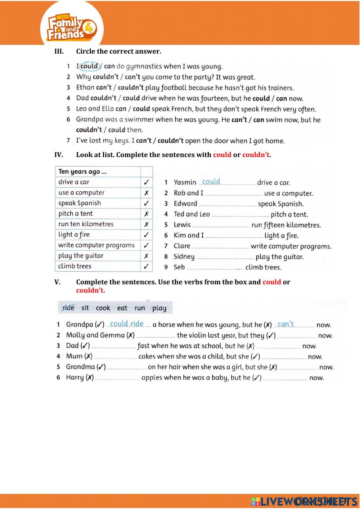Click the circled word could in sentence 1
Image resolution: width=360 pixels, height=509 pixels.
pos(89,66)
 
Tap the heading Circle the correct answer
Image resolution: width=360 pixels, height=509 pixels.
pos(118,51)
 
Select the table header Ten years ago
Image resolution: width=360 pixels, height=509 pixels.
pos(82,171)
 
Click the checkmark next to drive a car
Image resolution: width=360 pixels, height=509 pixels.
pos(146,182)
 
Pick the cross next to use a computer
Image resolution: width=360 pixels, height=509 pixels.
pos(146,193)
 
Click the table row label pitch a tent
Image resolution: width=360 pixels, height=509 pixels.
pos(76,214)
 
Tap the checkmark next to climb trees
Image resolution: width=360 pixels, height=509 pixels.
pos(146,267)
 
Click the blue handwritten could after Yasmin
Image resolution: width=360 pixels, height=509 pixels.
pos(211,182)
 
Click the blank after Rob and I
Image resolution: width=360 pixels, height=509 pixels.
pos(233,193)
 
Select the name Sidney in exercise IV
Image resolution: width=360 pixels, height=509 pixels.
pos(184,256)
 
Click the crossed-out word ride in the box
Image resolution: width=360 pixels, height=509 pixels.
pos(68,308)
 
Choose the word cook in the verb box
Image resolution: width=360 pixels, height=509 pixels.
pos(103,308)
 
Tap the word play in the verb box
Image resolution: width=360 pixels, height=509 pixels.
pos(159,308)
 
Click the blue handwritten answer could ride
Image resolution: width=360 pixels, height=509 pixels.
pos(127,323)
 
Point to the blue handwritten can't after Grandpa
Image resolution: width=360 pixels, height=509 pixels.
pos(285,324)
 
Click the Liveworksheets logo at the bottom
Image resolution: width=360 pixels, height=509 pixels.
pos(304,501)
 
